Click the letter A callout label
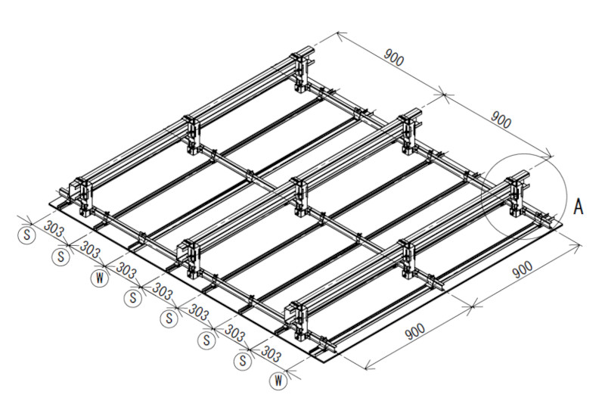coord(579,207)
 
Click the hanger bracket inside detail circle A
coord(517,196)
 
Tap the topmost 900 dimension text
coord(394,57)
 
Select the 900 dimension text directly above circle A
coord(501,120)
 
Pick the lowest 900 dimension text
coord(415,331)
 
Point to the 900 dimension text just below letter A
coord(523,269)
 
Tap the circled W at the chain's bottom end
coord(278,381)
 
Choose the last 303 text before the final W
coord(271,353)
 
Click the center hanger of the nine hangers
coord(299,196)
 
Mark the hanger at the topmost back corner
coord(302,72)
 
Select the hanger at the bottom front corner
coord(296,322)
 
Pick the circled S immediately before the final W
coord(243,360)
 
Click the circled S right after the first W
coord(134,298)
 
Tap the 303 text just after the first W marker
coord(126,271)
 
